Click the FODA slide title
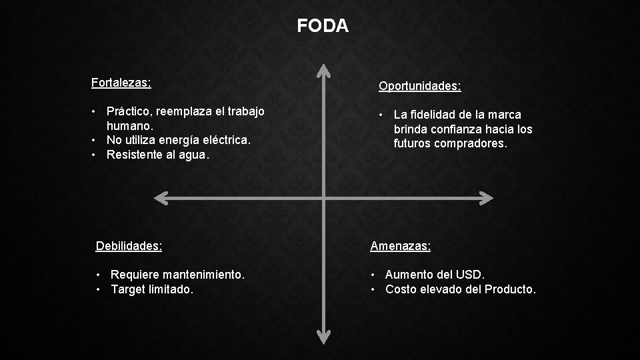[x=323, y=26]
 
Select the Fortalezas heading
[x=121, y=83]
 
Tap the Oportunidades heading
[x=420, y=86]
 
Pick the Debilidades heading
[x=129, y=245]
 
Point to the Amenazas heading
[x=401, y=246]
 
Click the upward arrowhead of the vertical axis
[x=323, y=71]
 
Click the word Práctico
[x=130, y=111]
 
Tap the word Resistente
[x=135, y=155]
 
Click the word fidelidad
[x=434, y=115]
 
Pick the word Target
[x=129, y=289]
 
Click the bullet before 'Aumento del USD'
[x=375, y=275]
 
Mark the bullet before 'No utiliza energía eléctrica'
[x=96, y=140]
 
